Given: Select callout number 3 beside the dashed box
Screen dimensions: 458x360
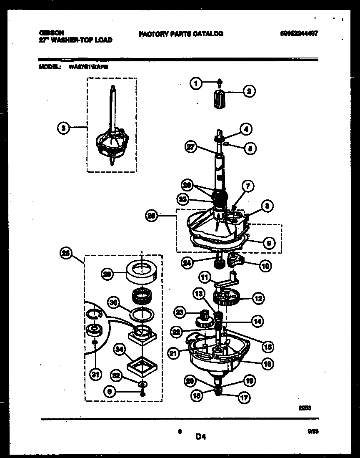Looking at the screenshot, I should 63,128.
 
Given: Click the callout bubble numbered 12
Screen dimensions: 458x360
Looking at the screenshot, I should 258,298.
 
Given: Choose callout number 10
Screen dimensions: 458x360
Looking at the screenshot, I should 265,265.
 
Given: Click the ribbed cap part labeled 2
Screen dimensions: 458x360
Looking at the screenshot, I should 219,100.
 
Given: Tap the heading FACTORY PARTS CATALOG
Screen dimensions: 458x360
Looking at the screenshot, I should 181,34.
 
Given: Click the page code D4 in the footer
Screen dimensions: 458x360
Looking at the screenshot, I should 201,437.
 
